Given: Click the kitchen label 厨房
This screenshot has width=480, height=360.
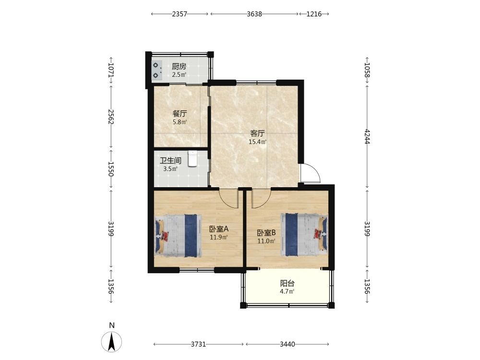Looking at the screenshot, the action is click(x=179, y=66).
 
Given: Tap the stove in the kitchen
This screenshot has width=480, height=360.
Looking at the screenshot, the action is click(x=157, y=71).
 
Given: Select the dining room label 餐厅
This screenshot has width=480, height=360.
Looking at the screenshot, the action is click(x=180, y=114).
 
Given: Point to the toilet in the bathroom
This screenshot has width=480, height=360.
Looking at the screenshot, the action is click(x=192, y=158).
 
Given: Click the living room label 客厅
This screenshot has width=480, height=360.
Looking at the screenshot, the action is click(x=257, y=133).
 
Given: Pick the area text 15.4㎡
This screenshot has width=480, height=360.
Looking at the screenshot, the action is click(x=257, y=142).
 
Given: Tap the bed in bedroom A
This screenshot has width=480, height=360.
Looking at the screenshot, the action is click(x=178, y=235).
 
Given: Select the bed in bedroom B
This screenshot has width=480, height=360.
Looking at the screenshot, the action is click(x=304, y=235).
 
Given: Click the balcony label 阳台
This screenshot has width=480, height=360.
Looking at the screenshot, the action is click(x=287, y=283).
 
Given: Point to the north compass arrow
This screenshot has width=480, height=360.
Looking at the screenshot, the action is click(x=112, y=341).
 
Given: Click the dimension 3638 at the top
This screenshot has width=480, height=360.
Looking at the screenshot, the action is click(x=254, y=14).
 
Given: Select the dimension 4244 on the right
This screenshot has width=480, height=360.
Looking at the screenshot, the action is click(x=367, y=136).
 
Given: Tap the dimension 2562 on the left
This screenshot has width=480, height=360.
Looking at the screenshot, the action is click(x=111, y=117).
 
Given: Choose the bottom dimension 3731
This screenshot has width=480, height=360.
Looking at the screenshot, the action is click(x=198, y=344).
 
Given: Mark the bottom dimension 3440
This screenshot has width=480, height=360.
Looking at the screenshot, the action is click(x=288, y=344).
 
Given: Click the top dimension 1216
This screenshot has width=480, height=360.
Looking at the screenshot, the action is click(x=314, y=14).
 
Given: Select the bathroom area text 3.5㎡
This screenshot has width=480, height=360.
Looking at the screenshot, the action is click(x=170, y=168).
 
